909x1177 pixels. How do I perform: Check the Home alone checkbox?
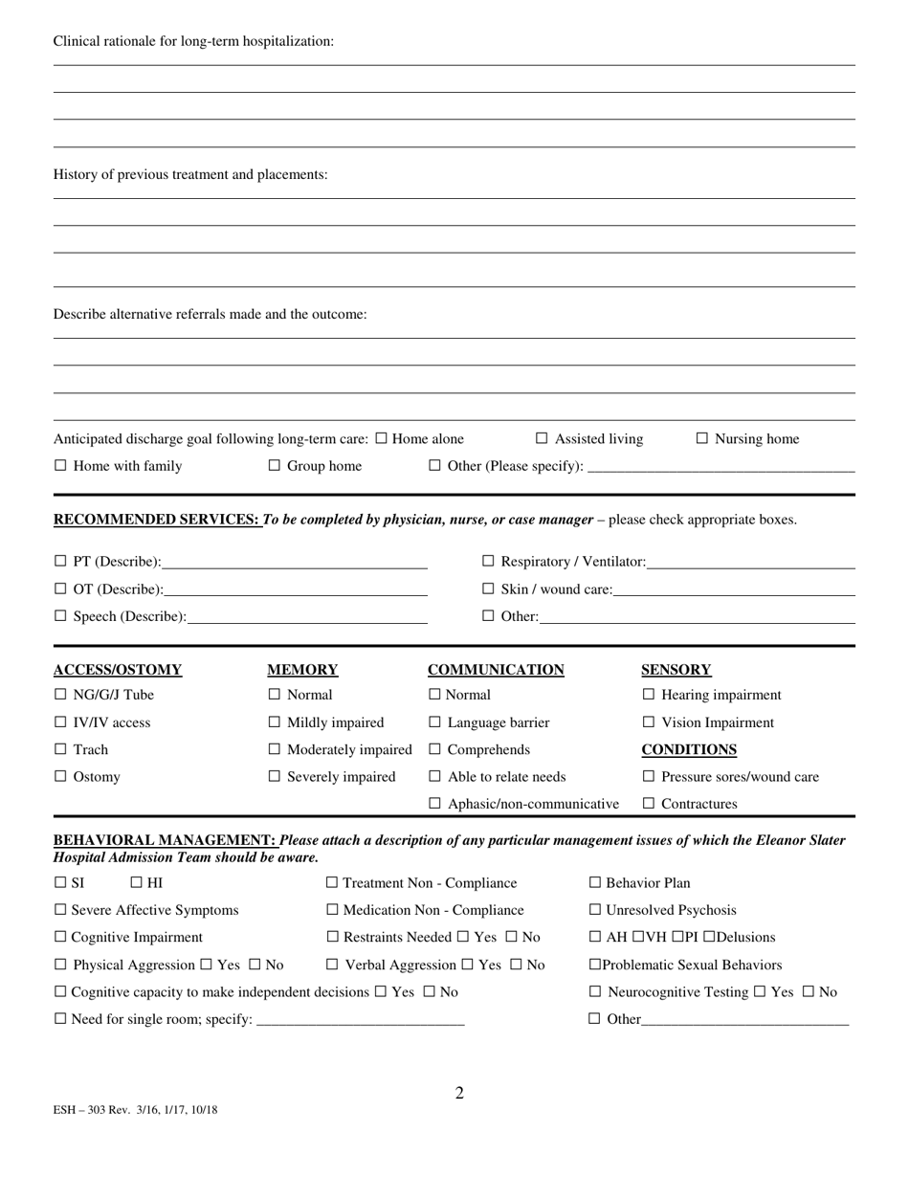(x=382, y=439)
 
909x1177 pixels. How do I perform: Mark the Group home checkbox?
(x=275, y=467)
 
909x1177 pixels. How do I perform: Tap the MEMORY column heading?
(x=302, y=670)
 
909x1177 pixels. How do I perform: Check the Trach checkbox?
(x=61, y=750)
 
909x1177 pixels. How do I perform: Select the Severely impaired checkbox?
(x=275, y=777)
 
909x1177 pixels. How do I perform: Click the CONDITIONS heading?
(x=689, y=750)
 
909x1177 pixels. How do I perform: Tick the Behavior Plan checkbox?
(x=595, y=883)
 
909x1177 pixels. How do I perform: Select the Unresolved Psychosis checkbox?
(x=595, y=911)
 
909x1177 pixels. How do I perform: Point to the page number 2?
(x=459, y=1094)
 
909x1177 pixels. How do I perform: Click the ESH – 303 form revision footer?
(x=135, y=1110)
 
